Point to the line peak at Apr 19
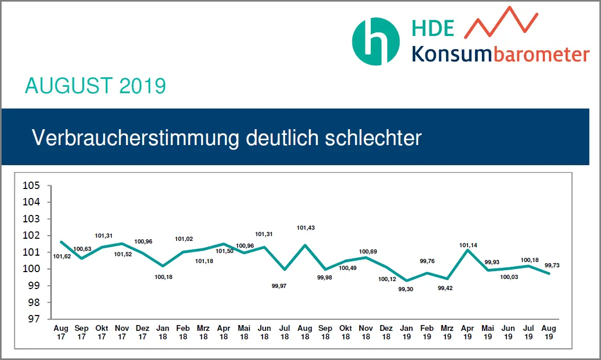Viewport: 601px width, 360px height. (x=468, y=250)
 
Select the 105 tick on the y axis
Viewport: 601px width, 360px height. (x=31, y=185)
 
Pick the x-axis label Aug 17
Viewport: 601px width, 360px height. (x=61, y=332)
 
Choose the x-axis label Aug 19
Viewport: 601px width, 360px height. (x=549, y=332)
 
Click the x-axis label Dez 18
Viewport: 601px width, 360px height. (x=386, y=332)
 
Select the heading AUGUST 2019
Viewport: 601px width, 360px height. (x=95, y=86)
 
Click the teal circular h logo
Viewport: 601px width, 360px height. (x=376, y=42)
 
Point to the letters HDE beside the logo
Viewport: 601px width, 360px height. (x=433, y=28)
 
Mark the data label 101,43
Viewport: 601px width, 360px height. (x=305, y=228)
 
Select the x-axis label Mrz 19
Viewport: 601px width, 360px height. (x=448, y=332)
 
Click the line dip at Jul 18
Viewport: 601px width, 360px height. (x=285, y=269)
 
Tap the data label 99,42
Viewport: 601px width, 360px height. (x=448, y=289)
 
